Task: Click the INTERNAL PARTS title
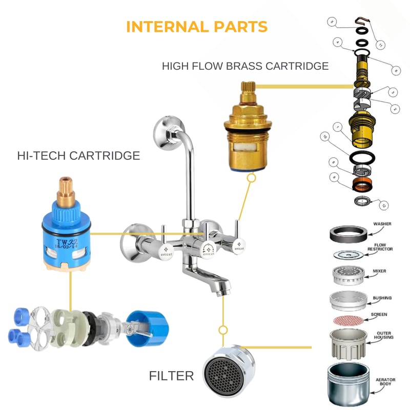coord(197,27)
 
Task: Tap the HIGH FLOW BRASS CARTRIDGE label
coord(245,66)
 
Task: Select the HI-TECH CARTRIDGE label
coord(78,156)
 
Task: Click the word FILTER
coord(172,376)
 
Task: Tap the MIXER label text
coord(382,270)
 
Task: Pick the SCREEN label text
coord(380,314)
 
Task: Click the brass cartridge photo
coord(247,131)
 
